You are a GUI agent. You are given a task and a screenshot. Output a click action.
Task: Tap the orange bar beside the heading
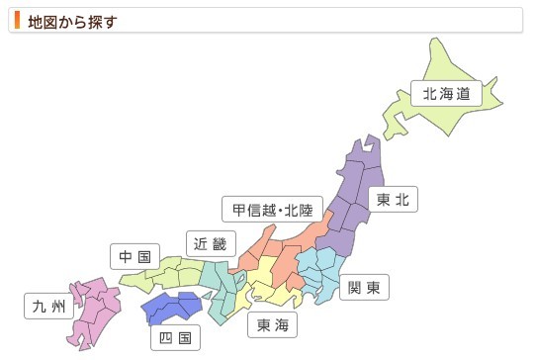[17, 20]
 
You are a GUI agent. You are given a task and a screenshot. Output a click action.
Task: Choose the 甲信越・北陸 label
[272, 210]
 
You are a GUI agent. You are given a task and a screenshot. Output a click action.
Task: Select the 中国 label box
[133, 257]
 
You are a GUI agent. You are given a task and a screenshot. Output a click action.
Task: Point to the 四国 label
[174, 338]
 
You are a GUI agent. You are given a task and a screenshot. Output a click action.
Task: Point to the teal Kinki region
[220, 287]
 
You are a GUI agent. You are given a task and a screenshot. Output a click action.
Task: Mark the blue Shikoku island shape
[173, 310]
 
